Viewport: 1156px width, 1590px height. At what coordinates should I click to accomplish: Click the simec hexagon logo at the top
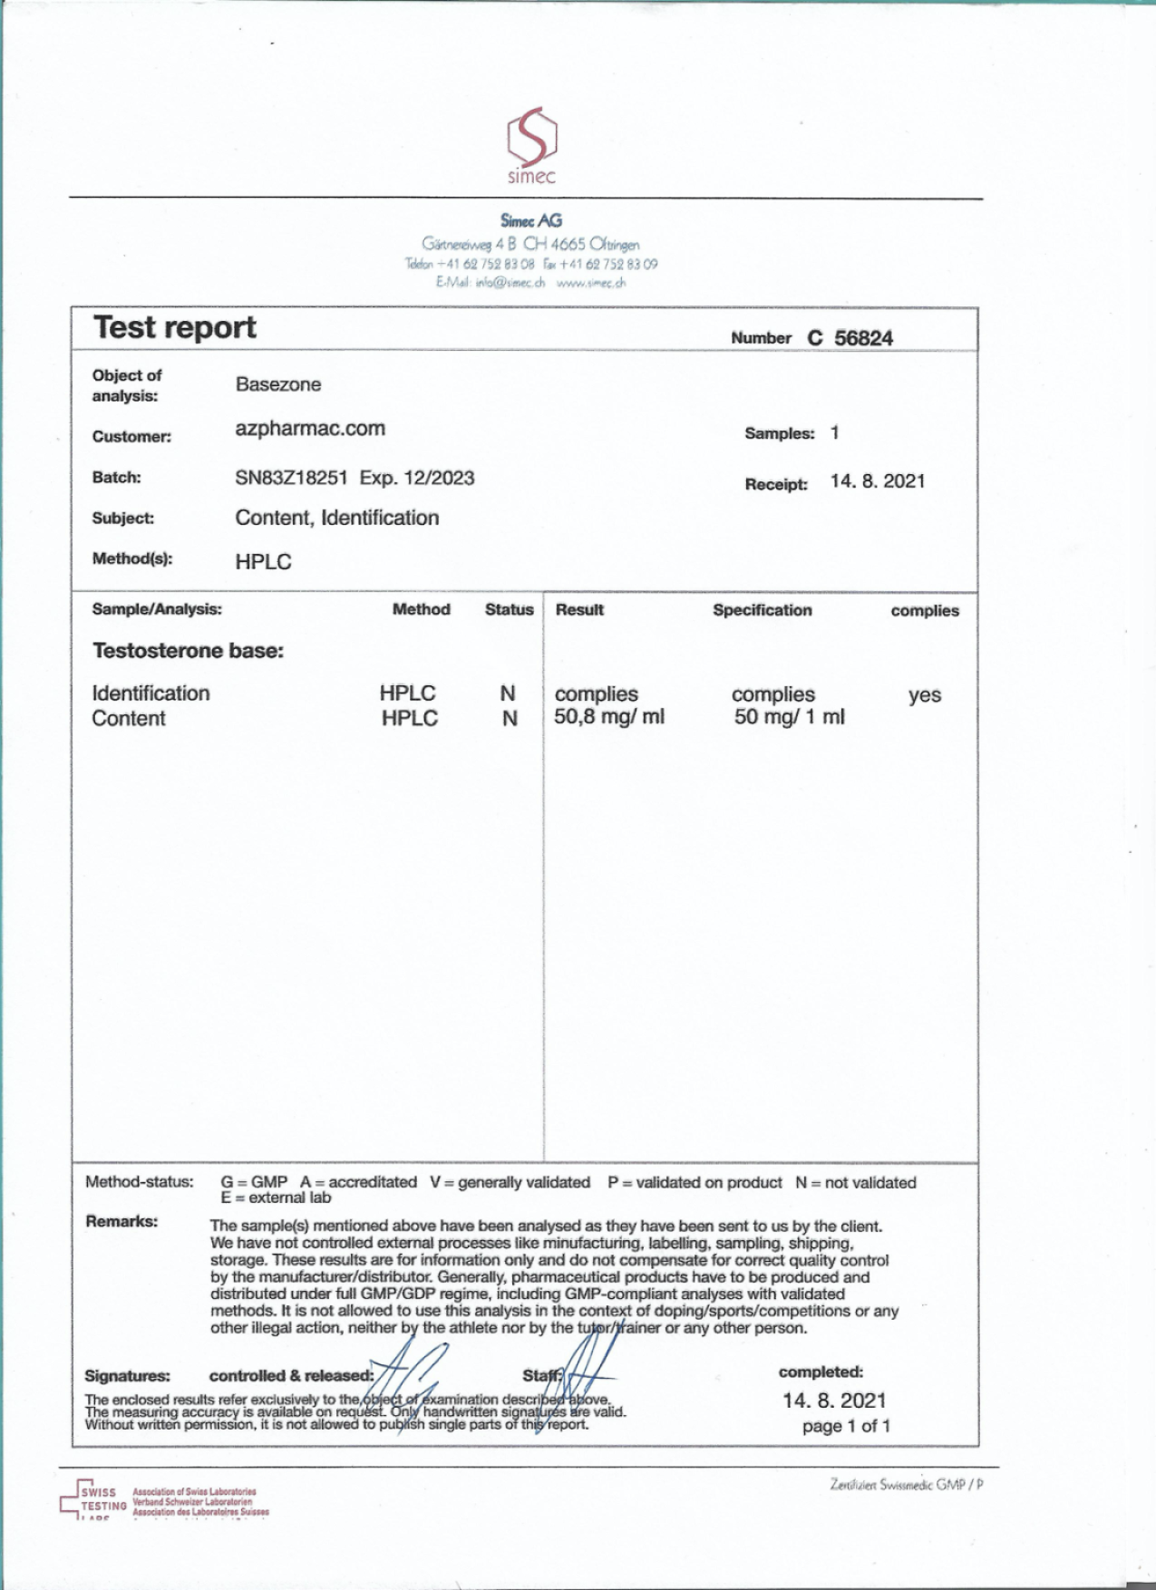pos(531,137)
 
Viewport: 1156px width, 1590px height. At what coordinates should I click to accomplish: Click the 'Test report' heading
pos(175,327)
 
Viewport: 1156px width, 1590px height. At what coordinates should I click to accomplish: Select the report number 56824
pos(863,338)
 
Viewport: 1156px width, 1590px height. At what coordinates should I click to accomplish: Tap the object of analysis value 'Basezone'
pos(278,384)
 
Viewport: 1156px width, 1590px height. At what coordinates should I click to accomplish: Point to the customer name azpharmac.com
pos(310,429)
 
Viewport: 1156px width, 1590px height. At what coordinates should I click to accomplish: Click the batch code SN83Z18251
pos(291,478)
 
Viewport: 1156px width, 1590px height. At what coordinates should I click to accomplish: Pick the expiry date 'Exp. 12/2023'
pos(417,478)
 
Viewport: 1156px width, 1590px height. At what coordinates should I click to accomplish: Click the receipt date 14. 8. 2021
pos(877,481)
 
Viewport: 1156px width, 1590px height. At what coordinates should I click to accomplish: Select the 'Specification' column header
pos(762,610)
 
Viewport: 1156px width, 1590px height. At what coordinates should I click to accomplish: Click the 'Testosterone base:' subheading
pos(188,651)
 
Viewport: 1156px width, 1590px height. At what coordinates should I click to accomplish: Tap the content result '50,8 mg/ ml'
pos(609,717)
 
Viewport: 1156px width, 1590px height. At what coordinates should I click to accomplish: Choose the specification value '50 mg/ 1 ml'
pos(789,717)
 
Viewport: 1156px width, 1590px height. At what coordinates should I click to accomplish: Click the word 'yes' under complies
pos(925,695)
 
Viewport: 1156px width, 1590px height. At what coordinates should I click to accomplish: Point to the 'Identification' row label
pos(151,693)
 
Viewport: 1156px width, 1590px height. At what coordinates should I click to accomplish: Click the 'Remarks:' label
pos(121,1221)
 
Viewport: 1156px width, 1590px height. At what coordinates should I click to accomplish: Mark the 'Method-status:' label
pos(140,1182)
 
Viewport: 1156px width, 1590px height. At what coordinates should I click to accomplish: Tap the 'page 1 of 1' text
pos(846,1426)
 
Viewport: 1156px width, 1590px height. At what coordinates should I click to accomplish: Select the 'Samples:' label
pos(780,433)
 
